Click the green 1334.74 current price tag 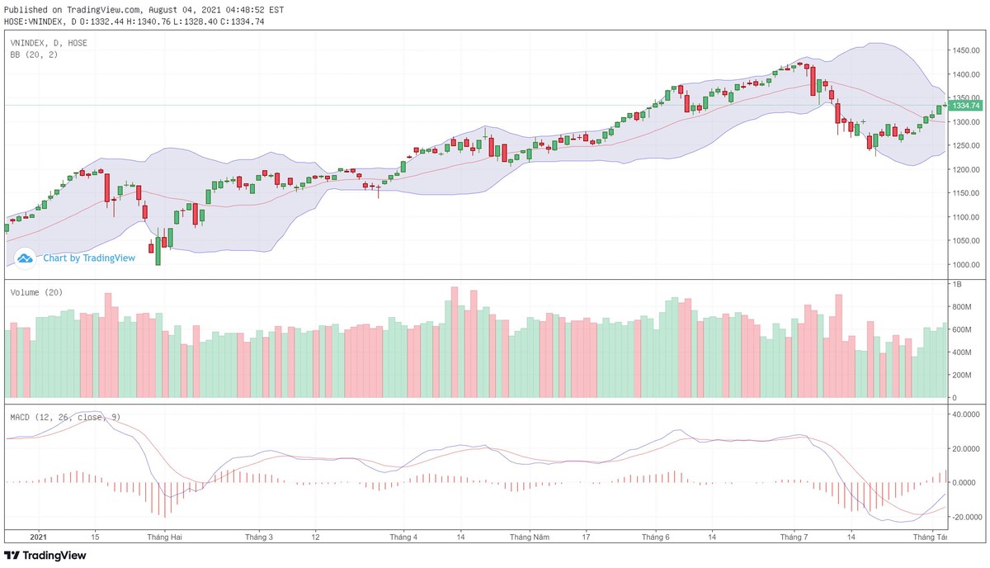point(964,106)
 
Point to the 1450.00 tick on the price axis point(965,50)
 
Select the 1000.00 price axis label point(965,265)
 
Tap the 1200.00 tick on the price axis point(965,170)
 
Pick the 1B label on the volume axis point(958,284)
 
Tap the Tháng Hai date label point(164,537)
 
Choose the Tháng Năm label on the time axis point(530,537)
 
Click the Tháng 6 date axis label point(656,537)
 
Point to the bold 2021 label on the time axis point(39,537)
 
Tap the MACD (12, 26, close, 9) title point(65,417)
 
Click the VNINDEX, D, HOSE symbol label point(49,42)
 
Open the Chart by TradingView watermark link point(88,258)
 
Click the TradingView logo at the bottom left point(45,556)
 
